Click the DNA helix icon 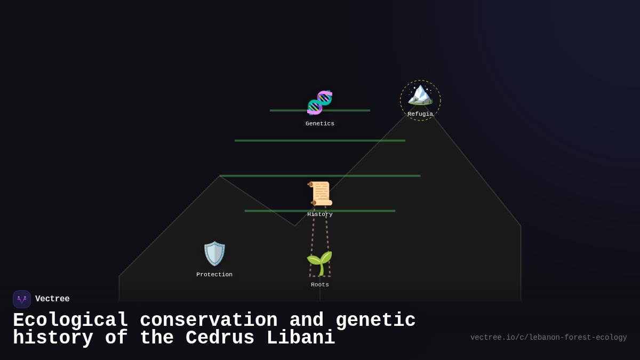tap(319, 102)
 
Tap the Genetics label tap(320, 124)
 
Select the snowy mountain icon tap(420, 94)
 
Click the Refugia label tap(420, 114)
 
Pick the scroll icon tap(320, 193)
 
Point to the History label tap(320, 214)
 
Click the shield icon tap(214, 253)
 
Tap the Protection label tap(214, 275)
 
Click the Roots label tap(320, 285)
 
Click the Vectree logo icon tap(22, 299)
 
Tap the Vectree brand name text tap(52, 299)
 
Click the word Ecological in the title tap(70, 321)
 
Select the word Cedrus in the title tap(220, 338)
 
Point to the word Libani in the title tap(300, 338)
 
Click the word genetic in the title tap(375, 321)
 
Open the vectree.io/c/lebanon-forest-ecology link tap(548, 338)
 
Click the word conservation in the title tap(209, 321)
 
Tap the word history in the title tap(53, 338)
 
